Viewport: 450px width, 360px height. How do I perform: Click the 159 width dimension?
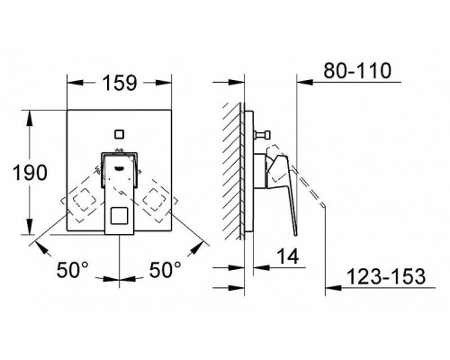coord(118,83)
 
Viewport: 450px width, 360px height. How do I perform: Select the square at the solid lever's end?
coord(118,216)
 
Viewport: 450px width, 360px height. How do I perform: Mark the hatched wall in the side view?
coord(231,171)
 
